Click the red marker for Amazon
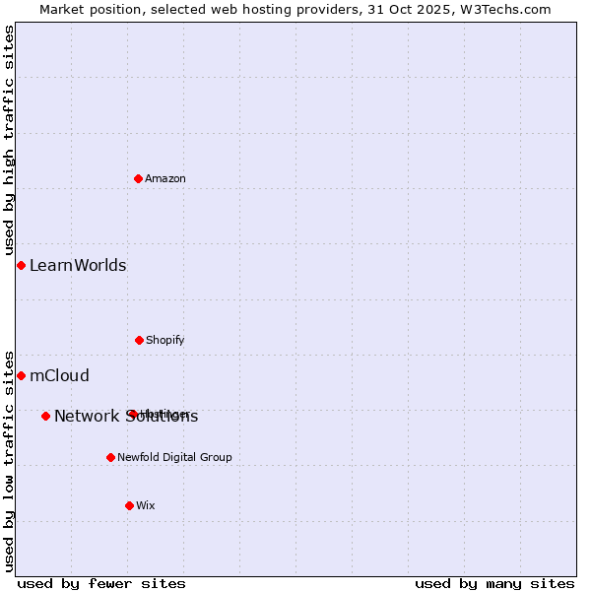point(139,178)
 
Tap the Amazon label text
point(165,178)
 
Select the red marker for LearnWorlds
point(21,265)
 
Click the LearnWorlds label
point(78,265)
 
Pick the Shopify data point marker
point(139,340)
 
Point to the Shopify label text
point(165,340)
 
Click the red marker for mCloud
point(21,375)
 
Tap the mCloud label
point(59,375)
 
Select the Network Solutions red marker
point(45,416)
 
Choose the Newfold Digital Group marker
point(110,457)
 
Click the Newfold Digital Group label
point(174,457)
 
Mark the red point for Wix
point(129,505)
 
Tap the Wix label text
point(146,505)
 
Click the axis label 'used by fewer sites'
point(101,583)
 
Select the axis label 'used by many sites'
point(494,583)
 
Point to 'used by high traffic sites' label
point(9,141)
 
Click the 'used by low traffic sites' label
point(9,461)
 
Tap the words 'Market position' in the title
point(90,9)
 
